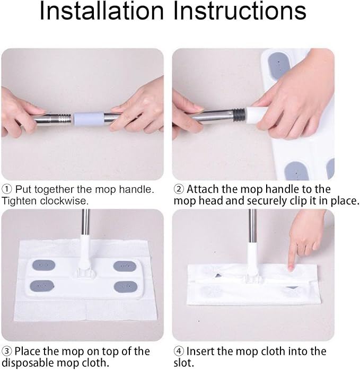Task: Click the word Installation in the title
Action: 102,11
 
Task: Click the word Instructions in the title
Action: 240,11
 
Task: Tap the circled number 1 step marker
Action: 6,189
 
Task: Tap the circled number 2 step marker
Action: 179,189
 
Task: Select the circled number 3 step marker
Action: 6,351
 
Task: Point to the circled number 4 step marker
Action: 179,351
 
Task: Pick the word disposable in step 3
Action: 28,363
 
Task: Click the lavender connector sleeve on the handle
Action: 89,118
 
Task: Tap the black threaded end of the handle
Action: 240,114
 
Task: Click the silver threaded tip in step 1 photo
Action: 64,118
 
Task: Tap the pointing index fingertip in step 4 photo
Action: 291,268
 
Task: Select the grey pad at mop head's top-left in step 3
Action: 43,265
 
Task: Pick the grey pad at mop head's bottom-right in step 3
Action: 126,287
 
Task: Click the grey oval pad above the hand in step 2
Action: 279,64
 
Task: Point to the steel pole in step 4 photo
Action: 252,226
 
